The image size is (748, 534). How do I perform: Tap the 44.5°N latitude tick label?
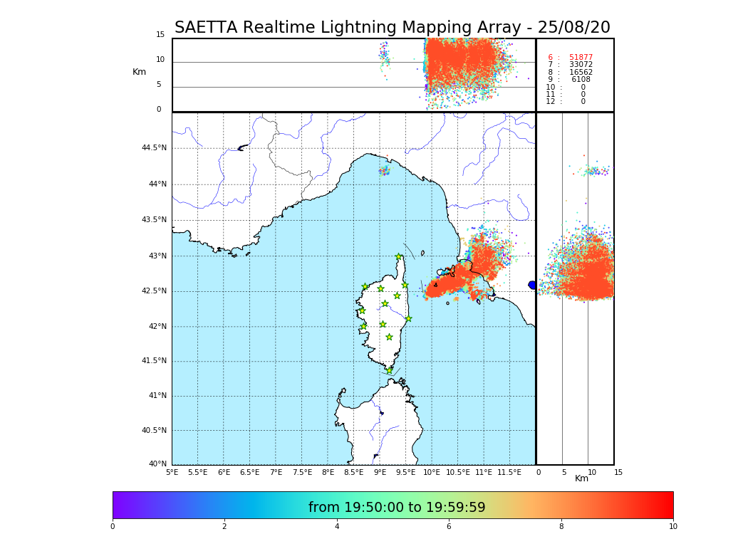pyautogui.click(x=154, y=148)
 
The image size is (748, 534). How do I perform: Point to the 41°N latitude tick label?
pyautogui.click(x=157, y=396)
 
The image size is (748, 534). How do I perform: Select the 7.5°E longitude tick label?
pyautogui.click(x=302, y=472)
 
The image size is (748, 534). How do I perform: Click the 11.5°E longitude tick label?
pyautogui.click(x=509, y=472)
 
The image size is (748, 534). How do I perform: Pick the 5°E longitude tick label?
pyautogui.click(x=172, y=472)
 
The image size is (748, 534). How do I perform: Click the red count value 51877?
pyautogui.click(x=581, y=58)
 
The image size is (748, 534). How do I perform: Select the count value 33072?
pyautogui.click(x=581, y=65)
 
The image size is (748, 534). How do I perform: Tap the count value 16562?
pyautogui.click(x=581, y=73)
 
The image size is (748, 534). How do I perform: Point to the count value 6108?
pyautogui.click(x=581, y=80)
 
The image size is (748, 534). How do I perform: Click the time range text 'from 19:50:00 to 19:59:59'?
pyautogui.click(x=397, y=508)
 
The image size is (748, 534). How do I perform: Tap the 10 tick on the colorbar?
pyautogui.click(x=672, y=527)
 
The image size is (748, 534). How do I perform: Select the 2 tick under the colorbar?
pyautogui.click(x=224, y=527)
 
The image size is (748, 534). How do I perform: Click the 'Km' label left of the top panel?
pyautogui.click(x=139, y=72)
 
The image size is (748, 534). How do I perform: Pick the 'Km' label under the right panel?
pyautogui.click(x=581, y=478)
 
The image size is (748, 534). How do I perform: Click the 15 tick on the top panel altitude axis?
pyautogui.click(x=160, y=35)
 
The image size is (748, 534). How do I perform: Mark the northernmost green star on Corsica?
pyautogui.click(x=399, y=257)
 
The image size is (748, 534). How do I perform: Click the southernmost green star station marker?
pyautogui.click(x=389, y=370)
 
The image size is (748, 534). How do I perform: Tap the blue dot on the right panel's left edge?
pyautogui.click(x=532, y=285)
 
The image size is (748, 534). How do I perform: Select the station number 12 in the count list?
pyautogui.click(x=550, y=102)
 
